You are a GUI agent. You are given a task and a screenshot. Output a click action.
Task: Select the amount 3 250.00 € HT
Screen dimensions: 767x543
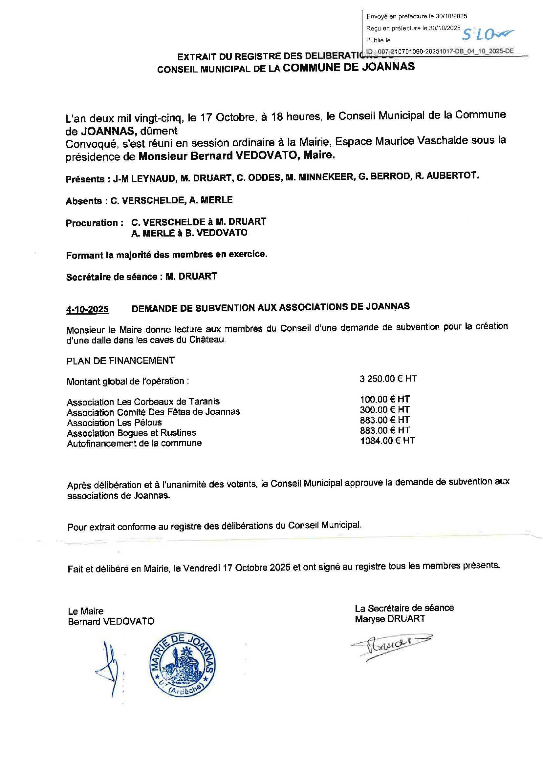[x=388, y=379]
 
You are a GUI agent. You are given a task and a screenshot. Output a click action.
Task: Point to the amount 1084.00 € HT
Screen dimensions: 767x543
[x=387, y=441]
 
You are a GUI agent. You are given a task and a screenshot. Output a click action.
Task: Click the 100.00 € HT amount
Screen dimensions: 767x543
[x=384, y=400]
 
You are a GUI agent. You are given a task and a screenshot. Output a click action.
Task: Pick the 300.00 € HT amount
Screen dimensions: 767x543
[x=384, y=410]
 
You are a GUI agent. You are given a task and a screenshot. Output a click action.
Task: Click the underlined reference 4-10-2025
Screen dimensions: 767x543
[x=87, y=309]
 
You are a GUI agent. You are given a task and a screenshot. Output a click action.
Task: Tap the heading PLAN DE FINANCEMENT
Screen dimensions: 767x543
[x=120, y=361]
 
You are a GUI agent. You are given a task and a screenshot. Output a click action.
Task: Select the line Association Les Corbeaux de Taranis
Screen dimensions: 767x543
[x=143, y=402]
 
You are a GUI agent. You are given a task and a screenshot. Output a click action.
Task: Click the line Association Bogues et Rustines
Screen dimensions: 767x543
[x=131, y=433]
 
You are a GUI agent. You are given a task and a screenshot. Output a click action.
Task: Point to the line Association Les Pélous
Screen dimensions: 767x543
[x=114, y=423]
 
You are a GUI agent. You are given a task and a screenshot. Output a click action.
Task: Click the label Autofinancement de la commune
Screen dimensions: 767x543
[x=134, y=443]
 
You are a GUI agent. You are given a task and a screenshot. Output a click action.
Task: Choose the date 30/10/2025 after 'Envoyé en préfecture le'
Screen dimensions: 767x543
[x=451, y=16]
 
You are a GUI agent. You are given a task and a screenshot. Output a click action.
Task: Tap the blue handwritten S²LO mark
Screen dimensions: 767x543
[x=488, y=33]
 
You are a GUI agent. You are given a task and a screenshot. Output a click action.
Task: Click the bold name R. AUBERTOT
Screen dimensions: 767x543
[x=447, y=176]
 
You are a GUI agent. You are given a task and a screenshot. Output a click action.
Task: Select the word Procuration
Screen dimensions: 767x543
[x=92, y=223]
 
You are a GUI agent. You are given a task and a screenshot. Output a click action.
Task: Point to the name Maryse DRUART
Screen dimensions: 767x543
[x=390, y=619]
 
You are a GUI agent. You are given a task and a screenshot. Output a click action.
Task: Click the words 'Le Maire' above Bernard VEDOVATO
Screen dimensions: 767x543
[x=86, y=611]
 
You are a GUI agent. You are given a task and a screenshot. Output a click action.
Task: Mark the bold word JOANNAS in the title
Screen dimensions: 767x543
[x=388, y=67]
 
